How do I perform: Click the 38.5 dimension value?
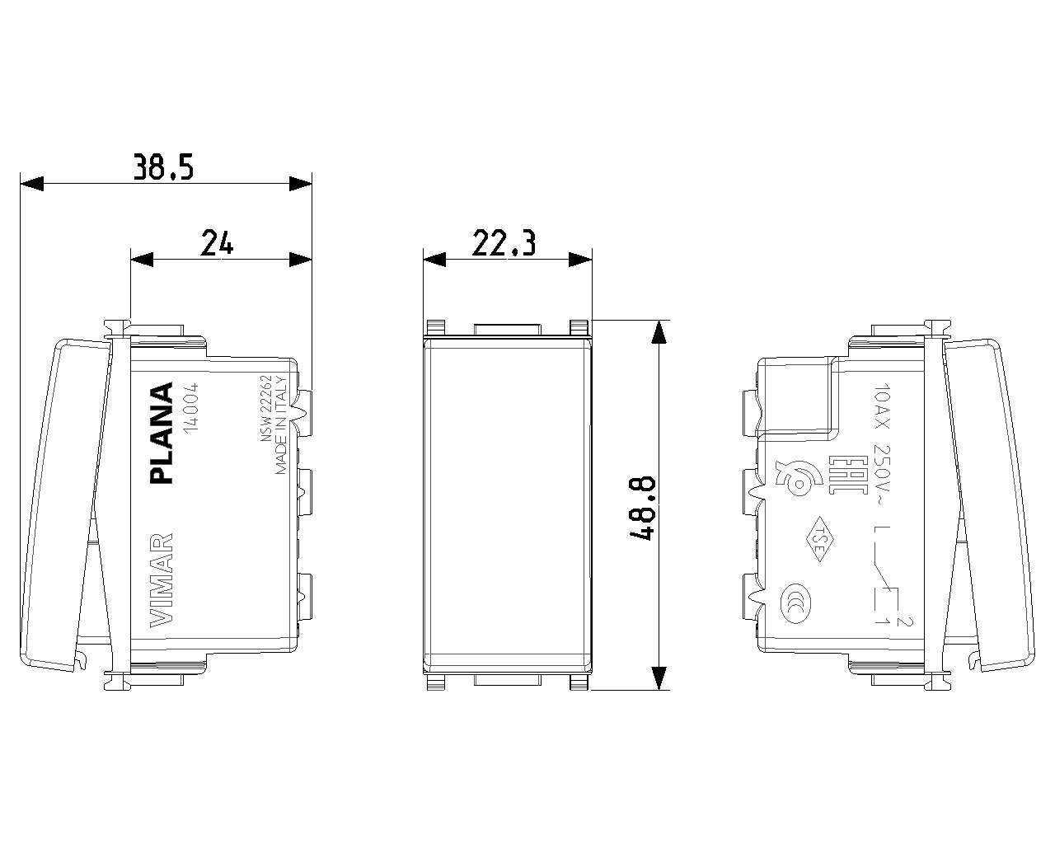pyautogui.click(x=164, y=166)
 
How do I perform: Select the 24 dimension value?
pyautogui.click(x=217, y=243)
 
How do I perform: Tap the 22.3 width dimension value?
pyautogui.click(x=504, y=243)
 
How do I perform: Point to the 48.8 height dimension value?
pyautogui.click(x=641, y=508)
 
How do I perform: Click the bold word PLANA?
pyautogui.click(x=162, y=433)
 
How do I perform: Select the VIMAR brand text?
pyautogui.click(x=162, y=580)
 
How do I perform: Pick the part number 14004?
pyautogui.click(x=190, y=408)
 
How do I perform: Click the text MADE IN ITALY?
pyautogui.click(x=280, y=425)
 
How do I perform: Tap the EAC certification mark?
pyautogui.click(x=842, y=475)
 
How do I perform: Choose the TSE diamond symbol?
pyautogui.click(x=819, y=539)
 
